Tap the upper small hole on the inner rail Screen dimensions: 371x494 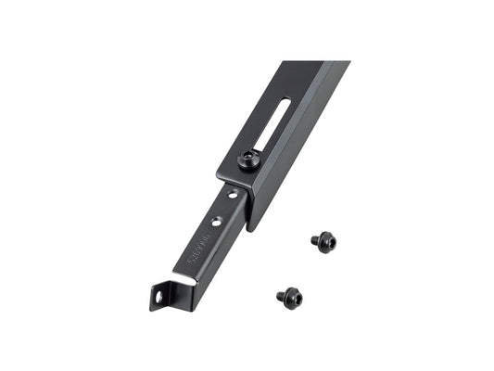tap(228, 197)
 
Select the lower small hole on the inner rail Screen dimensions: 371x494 tap(216, 221)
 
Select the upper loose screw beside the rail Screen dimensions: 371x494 tap(323, 242)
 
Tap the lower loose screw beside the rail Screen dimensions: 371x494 tap(288, 296)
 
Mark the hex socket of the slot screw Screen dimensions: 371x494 tap(246, 160)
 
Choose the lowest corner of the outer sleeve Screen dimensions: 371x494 tap(251, 230)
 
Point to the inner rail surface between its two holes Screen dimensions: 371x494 tap(222, 209)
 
